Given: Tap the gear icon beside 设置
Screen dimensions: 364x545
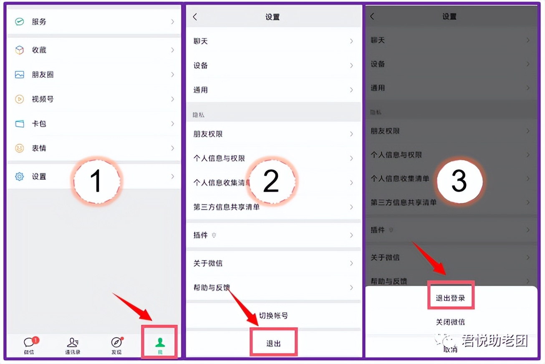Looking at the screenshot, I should (x=20, y=177).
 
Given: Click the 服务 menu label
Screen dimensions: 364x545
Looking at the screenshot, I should (x=39, y=22).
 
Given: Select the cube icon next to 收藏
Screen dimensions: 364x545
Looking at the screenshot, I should (x=20, y=50).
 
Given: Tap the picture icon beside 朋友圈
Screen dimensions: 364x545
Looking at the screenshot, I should (x=20, y=75).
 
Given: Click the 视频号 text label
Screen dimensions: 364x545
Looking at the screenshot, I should (x=43, y=99).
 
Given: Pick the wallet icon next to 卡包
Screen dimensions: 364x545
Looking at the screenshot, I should (x=20, y=124).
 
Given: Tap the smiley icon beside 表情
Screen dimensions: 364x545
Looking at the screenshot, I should (x=20, y=148).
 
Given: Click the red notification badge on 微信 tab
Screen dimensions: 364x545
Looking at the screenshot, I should (x=36, y=340).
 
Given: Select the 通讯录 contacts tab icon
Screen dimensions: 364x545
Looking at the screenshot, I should (x=73, y=343).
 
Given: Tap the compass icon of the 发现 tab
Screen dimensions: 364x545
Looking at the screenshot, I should (x=116, y=343).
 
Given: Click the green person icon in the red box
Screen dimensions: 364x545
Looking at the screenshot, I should (x=160, y=343).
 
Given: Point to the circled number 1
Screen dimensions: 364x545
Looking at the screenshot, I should (x=96, y=181).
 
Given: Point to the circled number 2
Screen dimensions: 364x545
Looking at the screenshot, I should (x=271, y=181).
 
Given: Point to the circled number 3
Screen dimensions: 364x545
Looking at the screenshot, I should (x=459, y=182).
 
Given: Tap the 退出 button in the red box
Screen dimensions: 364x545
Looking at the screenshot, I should (x=274, y=344).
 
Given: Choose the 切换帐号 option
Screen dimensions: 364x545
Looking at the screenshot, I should (x=273, y=316).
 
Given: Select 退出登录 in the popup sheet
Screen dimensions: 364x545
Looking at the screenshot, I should (x=450, y=298).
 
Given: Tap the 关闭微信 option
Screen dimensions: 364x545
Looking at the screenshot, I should (x=450, y=322).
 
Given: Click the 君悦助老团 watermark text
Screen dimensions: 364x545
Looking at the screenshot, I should (x=495, y=341).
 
